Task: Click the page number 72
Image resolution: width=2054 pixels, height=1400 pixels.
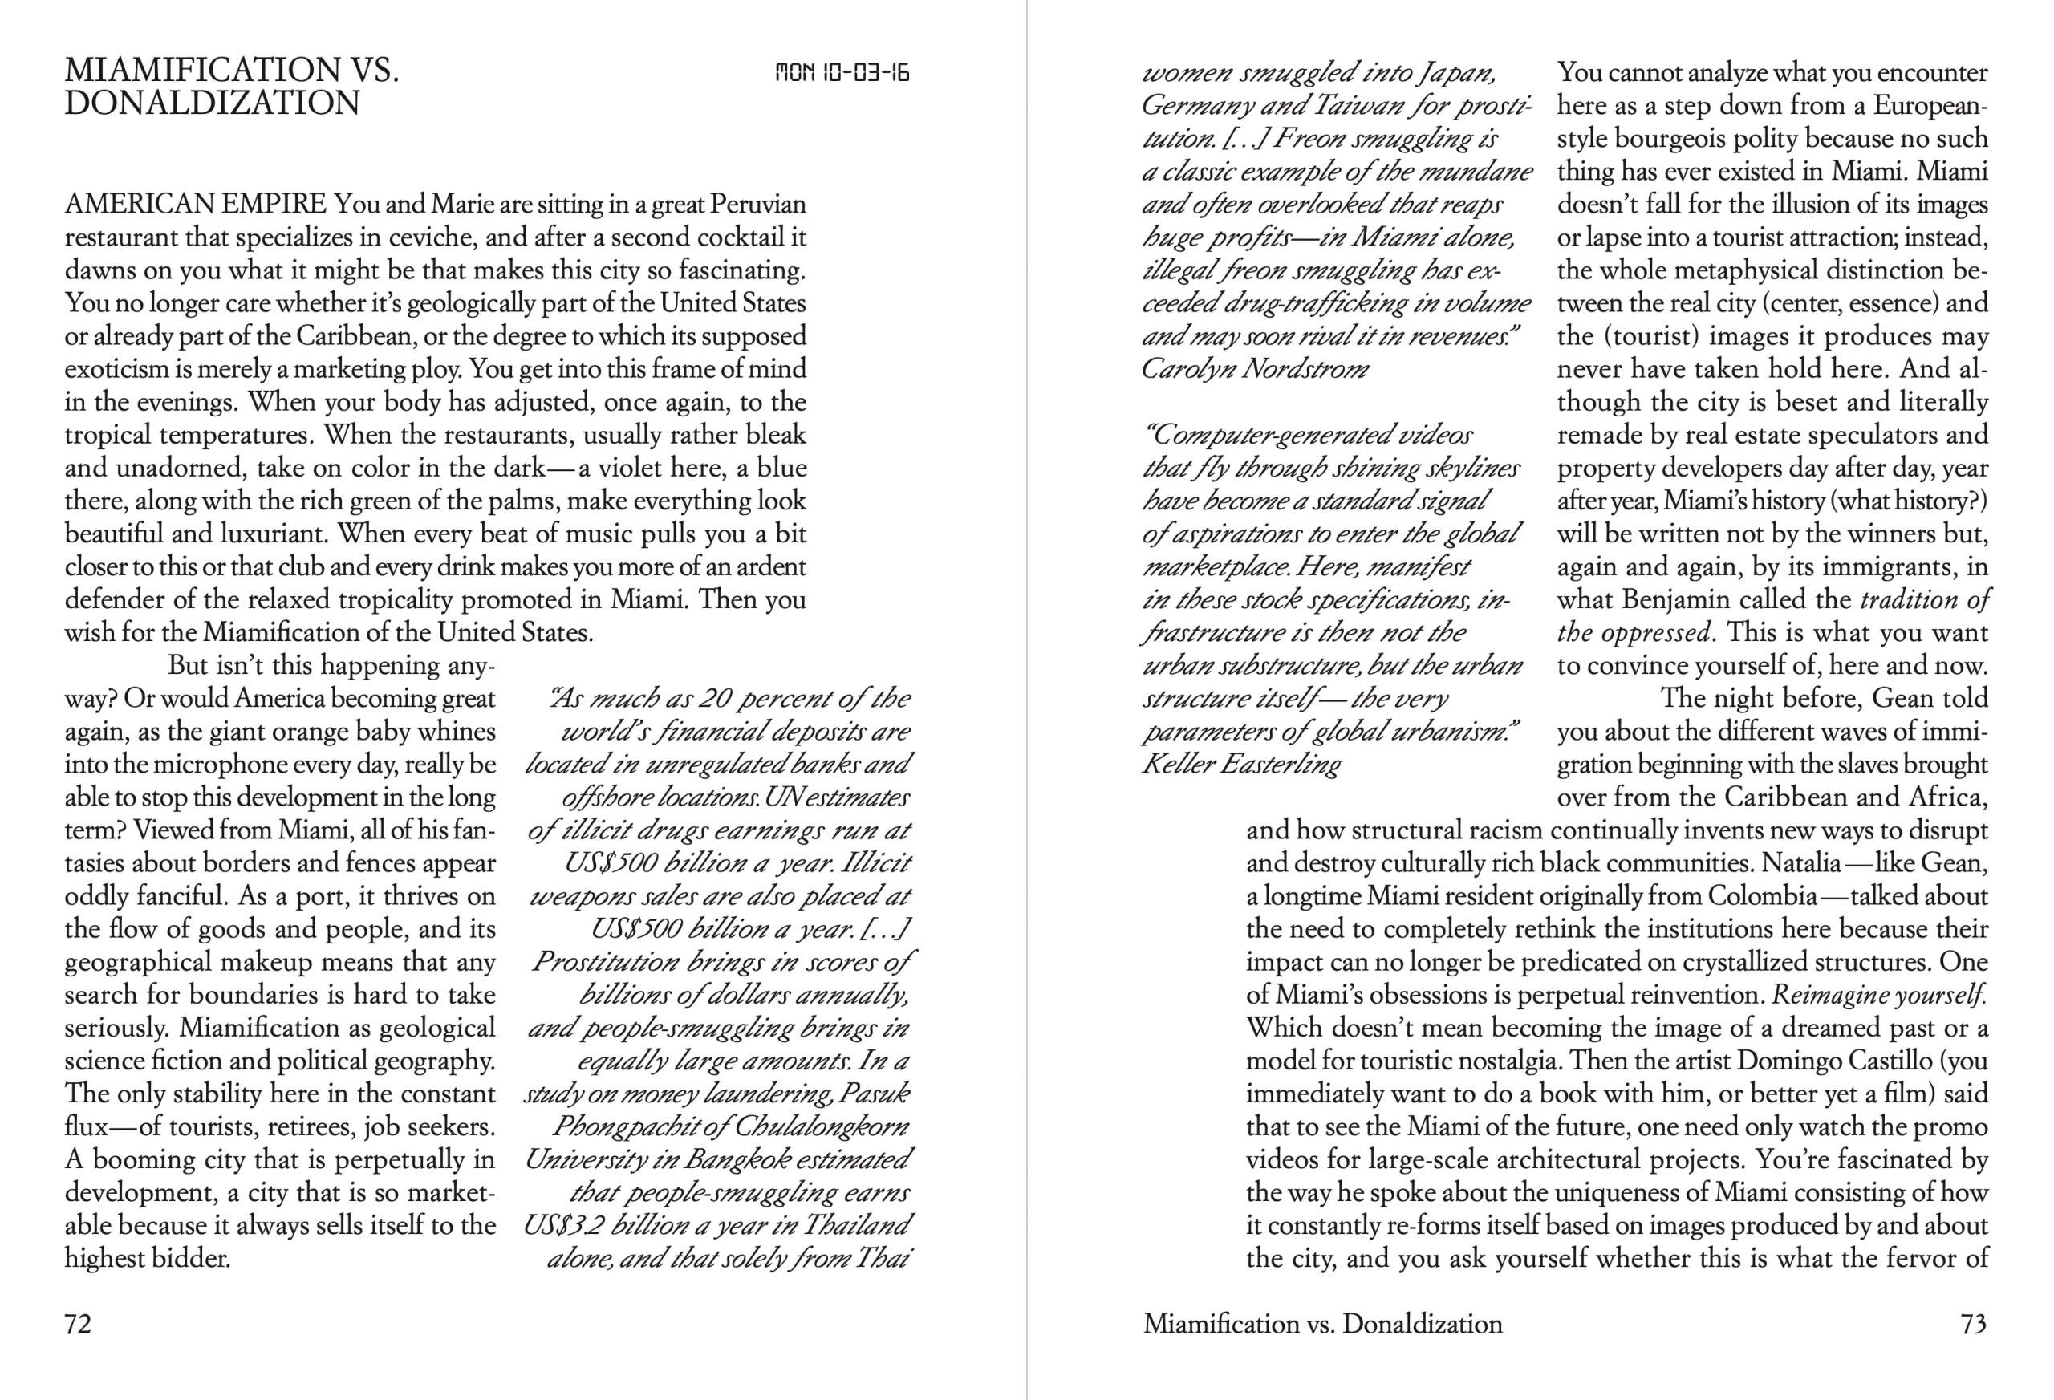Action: coord(78,1324)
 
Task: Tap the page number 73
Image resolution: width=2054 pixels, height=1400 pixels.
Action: coord(1974,1324)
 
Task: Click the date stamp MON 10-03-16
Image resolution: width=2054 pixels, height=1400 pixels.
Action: coord(842,72)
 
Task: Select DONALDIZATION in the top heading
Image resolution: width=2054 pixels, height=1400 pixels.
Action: coord(212,104)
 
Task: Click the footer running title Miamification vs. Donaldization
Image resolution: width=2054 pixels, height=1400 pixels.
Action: coord(1322,1324)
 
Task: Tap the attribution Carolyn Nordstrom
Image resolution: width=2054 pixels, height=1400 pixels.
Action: coord(1254,368)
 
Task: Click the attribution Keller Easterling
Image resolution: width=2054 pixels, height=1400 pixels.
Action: coord(1241,764)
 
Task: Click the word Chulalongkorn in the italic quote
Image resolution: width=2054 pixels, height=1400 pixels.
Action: coord(821,1127)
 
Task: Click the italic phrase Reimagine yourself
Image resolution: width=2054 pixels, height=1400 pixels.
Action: coord(1880,995)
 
